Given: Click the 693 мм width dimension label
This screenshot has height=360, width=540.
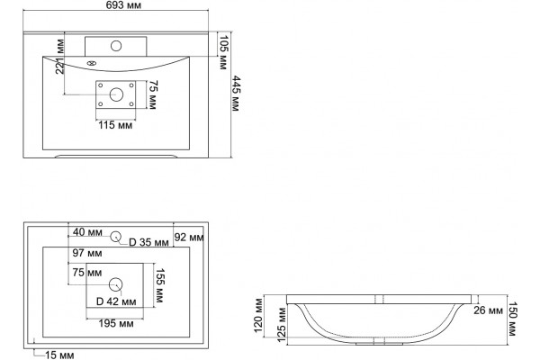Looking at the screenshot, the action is point(123,4).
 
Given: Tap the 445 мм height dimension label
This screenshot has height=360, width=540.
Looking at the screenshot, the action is point(235,94).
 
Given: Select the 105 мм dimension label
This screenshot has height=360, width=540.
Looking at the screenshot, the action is point(223,52).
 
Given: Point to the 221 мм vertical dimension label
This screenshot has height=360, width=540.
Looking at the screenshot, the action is point(60,57).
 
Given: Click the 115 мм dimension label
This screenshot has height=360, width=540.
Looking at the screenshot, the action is point(115,125).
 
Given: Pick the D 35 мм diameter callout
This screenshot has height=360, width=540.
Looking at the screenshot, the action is point(148,242).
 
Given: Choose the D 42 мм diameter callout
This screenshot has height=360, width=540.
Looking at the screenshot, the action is point(116,301).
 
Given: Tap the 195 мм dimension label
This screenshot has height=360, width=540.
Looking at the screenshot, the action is point(116,323).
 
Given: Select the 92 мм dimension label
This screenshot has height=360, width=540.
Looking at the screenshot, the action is point(189,237).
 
